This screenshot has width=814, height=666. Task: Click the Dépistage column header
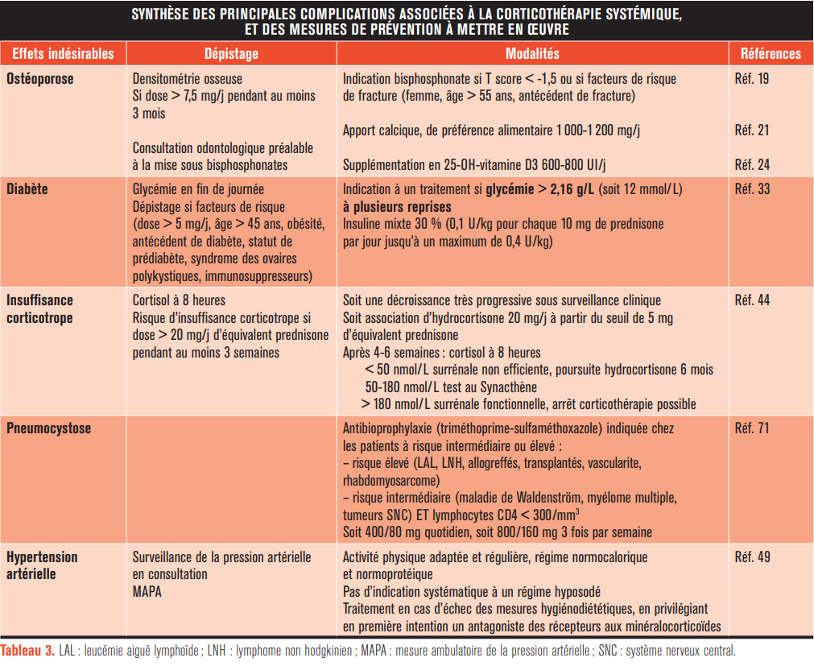231,54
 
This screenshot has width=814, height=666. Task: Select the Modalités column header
531,54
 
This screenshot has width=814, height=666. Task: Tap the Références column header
770,54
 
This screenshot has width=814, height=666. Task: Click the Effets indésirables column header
63,54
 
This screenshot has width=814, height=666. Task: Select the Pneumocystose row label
49,428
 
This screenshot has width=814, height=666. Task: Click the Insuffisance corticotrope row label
40,308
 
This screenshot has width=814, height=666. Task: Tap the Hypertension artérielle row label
42,565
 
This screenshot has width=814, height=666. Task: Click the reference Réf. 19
752,79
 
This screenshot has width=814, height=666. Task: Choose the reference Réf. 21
752,130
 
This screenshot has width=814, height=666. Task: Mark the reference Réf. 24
752,164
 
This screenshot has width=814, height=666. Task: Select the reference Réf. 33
752,189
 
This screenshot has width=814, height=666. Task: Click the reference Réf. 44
752,300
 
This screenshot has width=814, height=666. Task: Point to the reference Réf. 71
752,428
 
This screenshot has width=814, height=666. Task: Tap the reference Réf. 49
752,557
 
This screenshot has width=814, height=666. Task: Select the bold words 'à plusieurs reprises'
390,206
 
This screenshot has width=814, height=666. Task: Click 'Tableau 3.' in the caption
28,651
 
